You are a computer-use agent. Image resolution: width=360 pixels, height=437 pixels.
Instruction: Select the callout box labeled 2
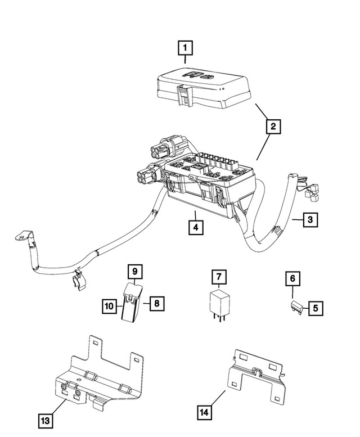click(272, 127)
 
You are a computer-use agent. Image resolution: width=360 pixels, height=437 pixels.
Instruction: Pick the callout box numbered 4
click(195, 228)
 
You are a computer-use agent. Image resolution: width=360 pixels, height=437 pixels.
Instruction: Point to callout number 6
click(292, 278)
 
